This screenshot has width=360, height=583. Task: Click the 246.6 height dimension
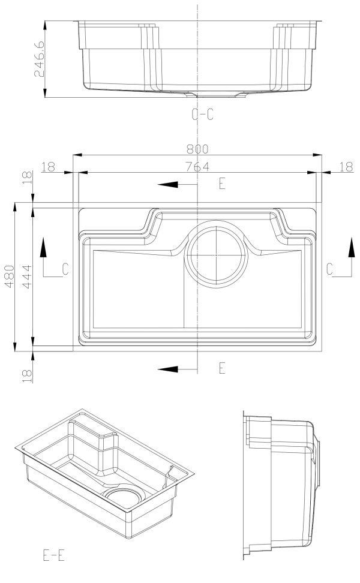pos(40,59)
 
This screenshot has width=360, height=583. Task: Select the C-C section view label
pos(202,115)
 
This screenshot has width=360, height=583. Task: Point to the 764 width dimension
pos(197,167)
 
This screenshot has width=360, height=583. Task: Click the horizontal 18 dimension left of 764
pos(49,167)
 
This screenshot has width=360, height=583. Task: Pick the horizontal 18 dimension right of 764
pos(346,167)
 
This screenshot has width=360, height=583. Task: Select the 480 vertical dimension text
pos(8,277)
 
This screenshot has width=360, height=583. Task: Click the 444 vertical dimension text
pos(27,277)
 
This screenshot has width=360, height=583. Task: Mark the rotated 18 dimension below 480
pos(27,375)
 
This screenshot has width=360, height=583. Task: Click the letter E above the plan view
pos(221,184)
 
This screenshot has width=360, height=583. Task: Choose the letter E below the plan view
pos(221,368)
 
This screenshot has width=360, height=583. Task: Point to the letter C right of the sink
pos(330,269)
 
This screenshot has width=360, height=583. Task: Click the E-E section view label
pos(53,555)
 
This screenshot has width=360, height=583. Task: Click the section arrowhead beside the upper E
pos(169,184)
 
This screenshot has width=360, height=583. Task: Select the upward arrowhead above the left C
pos(44,245)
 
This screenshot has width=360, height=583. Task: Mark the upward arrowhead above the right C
pos(352,245)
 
